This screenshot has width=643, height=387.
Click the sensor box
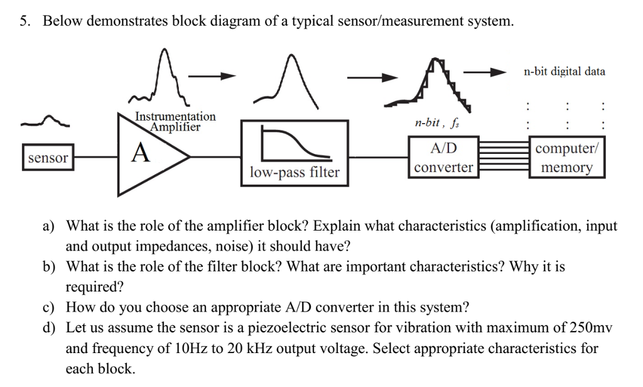(x=48, y=158)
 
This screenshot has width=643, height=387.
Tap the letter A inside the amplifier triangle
(x=141, y=153)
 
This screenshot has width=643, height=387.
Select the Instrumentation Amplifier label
(x=175, y=122)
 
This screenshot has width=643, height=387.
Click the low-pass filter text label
(x=294, y=172)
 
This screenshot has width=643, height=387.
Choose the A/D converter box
(x=443, y=158)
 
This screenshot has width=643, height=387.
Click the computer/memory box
(x=567, y=158)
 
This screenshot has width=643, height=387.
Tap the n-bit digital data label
(x=564, y=72)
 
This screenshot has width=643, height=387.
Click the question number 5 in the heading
(x=23, y=21)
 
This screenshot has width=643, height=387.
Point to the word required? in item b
(x=95, y=287)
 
